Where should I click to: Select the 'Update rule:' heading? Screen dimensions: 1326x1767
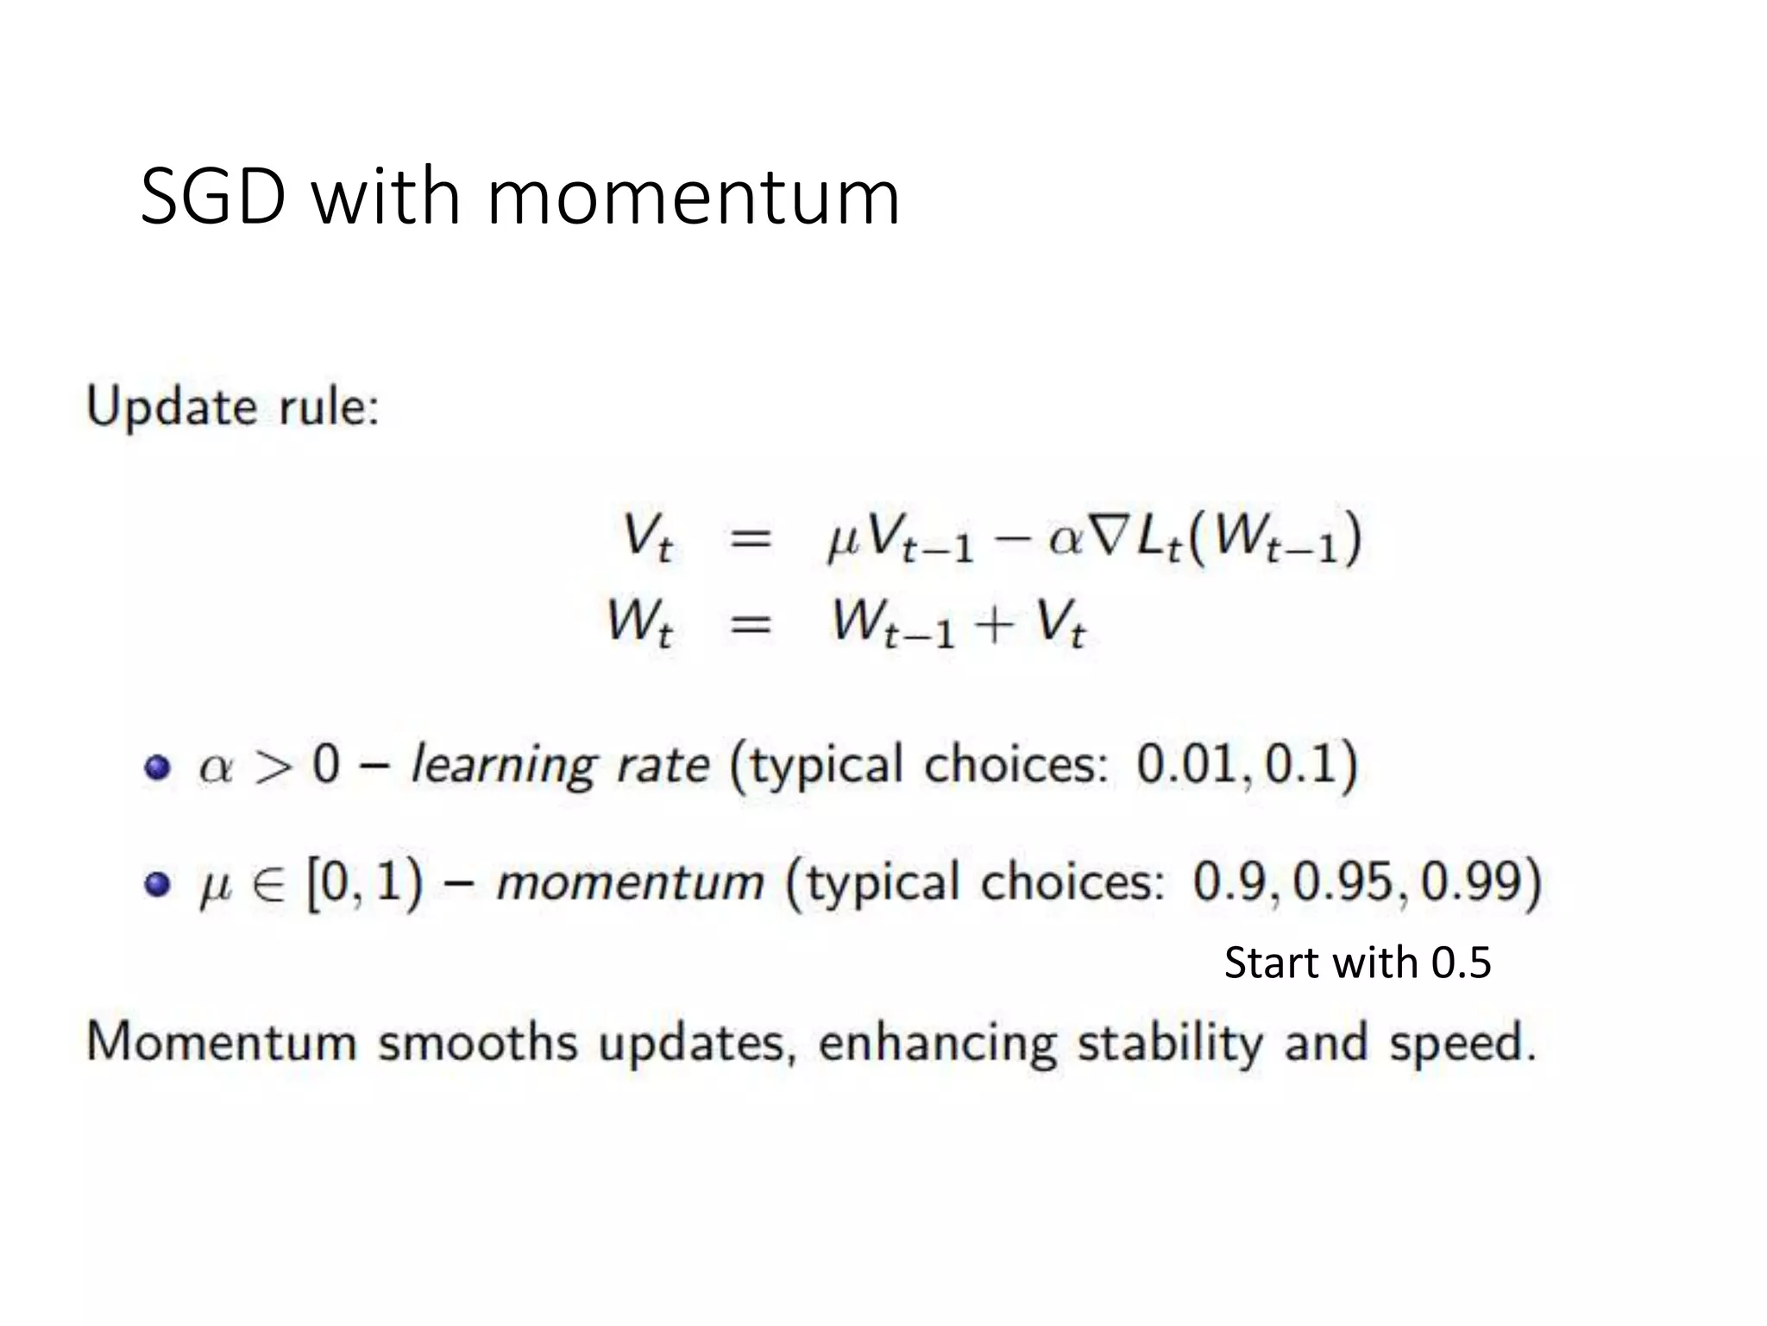(x=233, y=407)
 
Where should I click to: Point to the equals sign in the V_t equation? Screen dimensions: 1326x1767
(x=750, y=540)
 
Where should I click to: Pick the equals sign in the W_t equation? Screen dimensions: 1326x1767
(x=750, y=622)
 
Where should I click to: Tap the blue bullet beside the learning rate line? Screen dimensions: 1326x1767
(x=157, y=767)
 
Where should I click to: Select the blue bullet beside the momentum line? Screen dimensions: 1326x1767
(x=157, y=884)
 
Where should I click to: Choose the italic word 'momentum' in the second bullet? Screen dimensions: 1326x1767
(x=631, y=882)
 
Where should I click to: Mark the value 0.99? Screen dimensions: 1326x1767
(x=1475, y=882)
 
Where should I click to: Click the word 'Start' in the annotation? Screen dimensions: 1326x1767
(x=1272, y=963)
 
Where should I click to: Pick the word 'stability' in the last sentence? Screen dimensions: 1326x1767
(x=1169, y=1044)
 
